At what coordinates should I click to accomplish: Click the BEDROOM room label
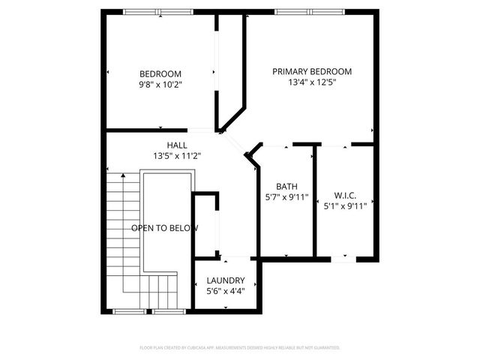[160, 73]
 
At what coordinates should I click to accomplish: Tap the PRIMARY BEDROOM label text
[311, 72]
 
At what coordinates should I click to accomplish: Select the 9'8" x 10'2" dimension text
[160, 85]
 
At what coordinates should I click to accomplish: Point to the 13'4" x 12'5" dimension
[311, 83]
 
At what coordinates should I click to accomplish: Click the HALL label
[177, 145]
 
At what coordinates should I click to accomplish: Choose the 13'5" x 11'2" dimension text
[177, 156]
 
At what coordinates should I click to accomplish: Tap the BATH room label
[287, 187]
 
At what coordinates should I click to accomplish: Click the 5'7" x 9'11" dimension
[287, 198]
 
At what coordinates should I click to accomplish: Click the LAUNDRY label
[226, 280]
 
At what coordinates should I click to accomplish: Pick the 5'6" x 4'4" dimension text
[226, 291]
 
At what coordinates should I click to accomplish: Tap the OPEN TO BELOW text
[165, 228]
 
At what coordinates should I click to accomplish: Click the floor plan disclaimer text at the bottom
[240, 348]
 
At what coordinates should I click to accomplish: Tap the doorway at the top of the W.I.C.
[345, 144]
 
